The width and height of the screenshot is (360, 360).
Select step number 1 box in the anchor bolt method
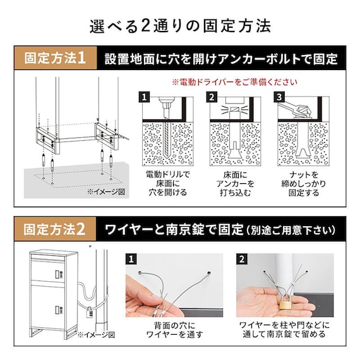pyautogui.click(x=144, y=97)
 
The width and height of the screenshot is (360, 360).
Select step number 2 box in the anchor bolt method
pyautogui.click(x=212, y=97)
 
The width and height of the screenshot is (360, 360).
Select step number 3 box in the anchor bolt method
pyautogui.click(x=279, y=97)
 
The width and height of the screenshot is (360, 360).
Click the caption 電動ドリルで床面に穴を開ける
pyautogui.click(x=167, y=183)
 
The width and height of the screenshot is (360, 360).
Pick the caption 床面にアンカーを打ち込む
pyautogui.click(x=234, y=183)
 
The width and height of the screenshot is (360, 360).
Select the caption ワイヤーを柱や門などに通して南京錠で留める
pyautogui.click(x=286, y=330)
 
